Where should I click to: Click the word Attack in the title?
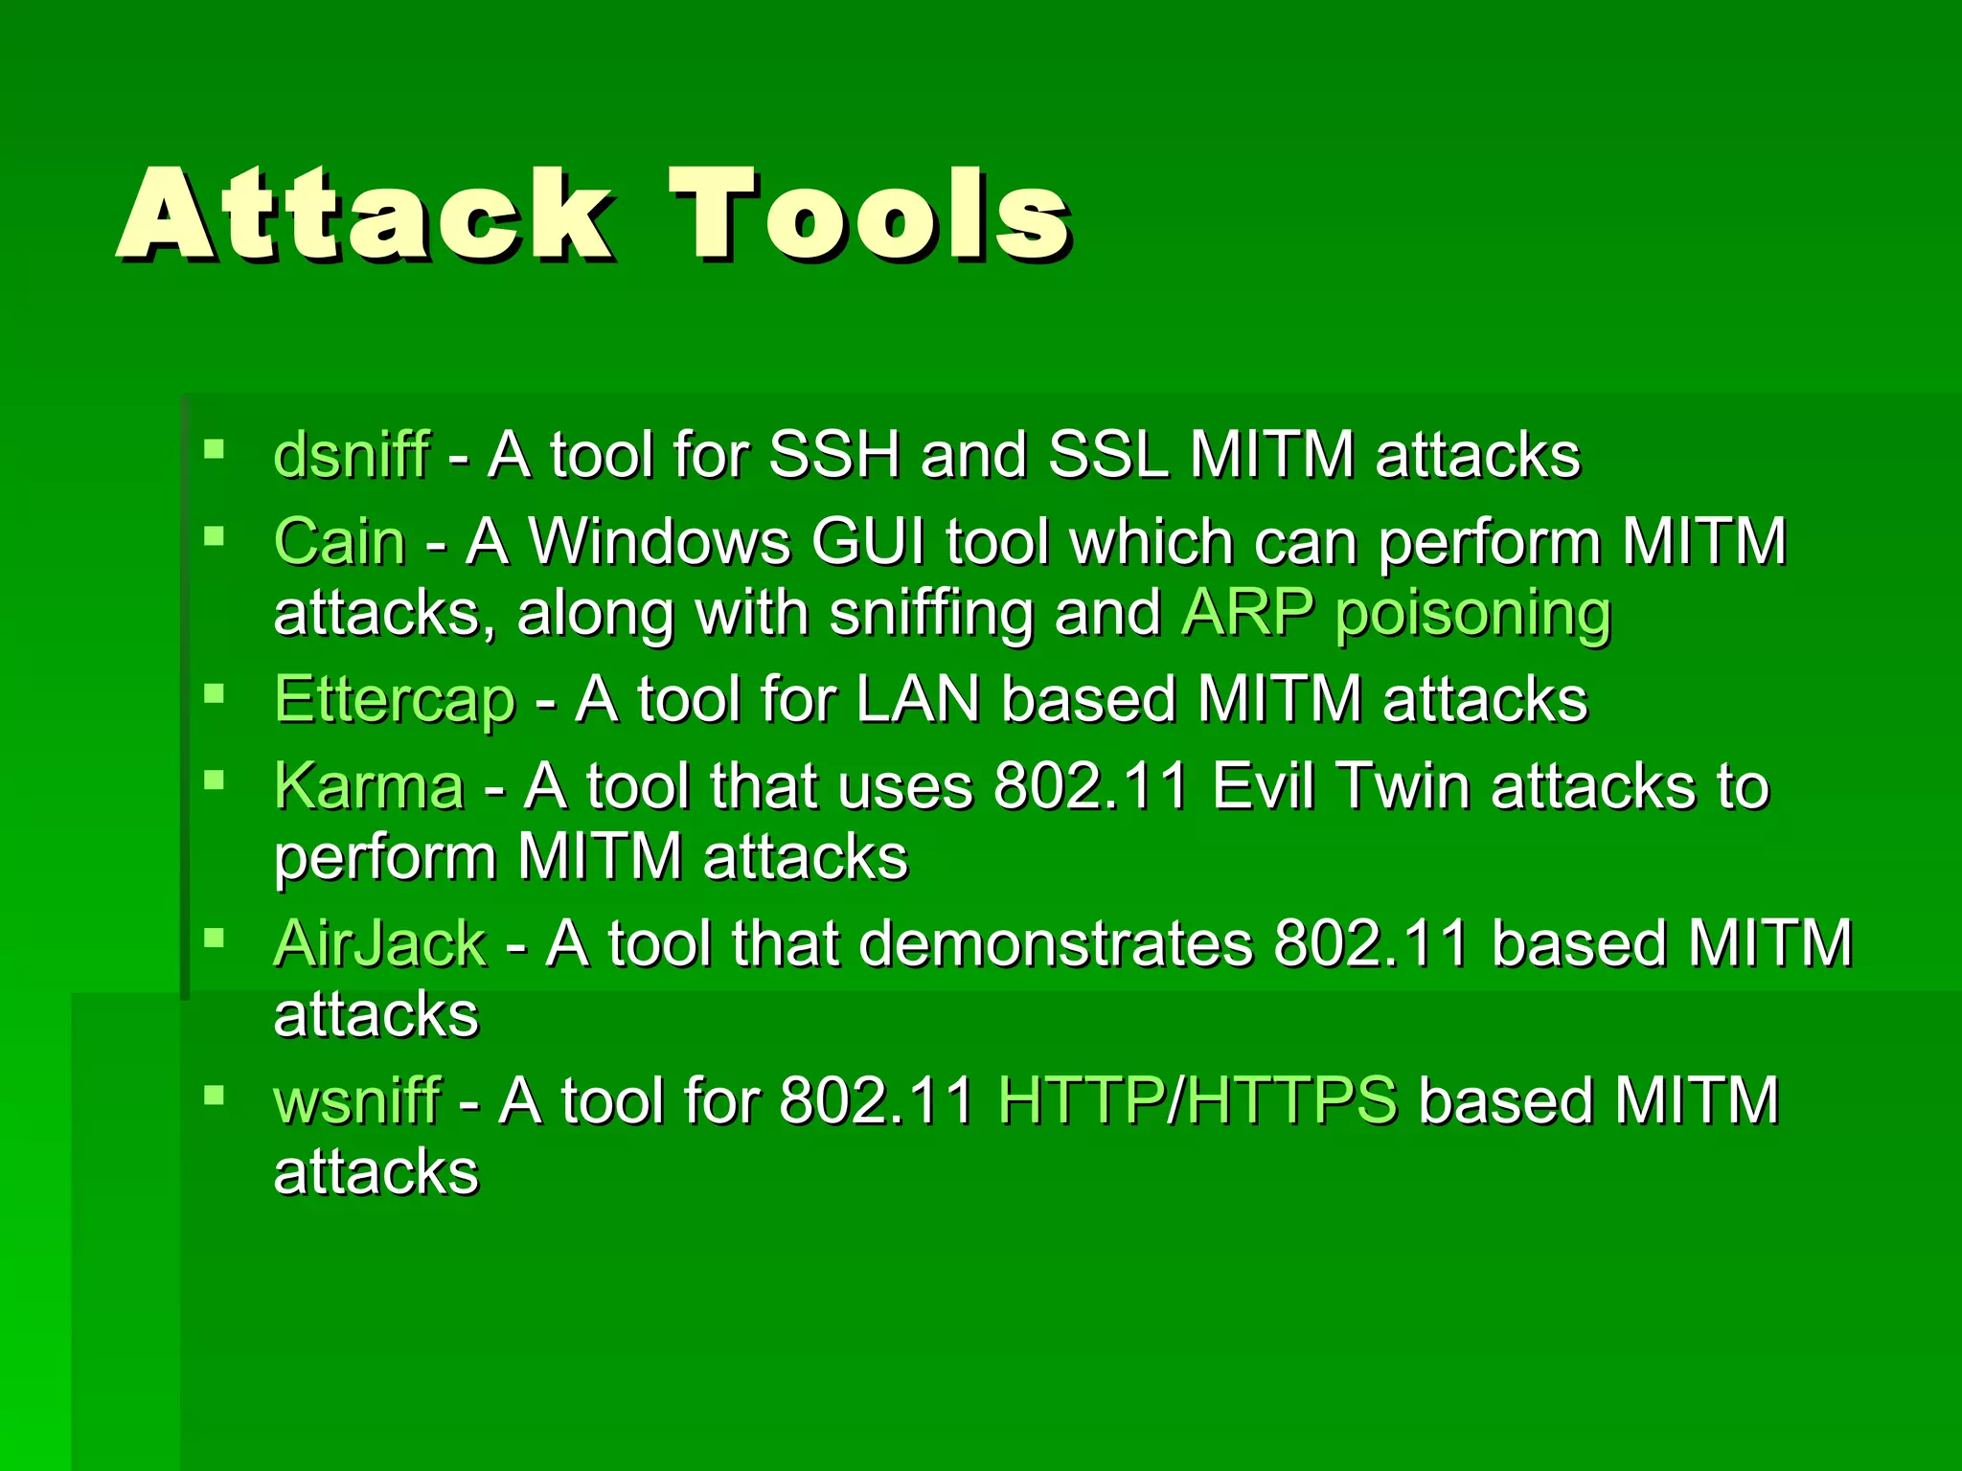point(364,215)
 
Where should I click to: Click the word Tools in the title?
point(870,215)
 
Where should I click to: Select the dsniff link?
point(352,455)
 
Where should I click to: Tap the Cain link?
point(340,542)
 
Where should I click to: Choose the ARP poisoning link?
point(1397,614)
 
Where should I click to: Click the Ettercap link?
point(395,699)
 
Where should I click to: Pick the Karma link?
point(370,787)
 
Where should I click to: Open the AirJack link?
point(380,944)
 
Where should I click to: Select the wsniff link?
point(357,1101)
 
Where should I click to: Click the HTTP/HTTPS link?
point(1198,1101)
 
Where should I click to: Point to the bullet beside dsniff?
point(214,448)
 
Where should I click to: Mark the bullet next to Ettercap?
point(214,692)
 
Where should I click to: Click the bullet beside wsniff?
point(214,1095)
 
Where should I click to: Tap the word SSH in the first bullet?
point(834,455)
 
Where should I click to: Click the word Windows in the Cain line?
point(661,542)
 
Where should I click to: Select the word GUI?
point(868,542)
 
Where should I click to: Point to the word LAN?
point(918,699)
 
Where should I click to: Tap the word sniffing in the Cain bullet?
point(931,614)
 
